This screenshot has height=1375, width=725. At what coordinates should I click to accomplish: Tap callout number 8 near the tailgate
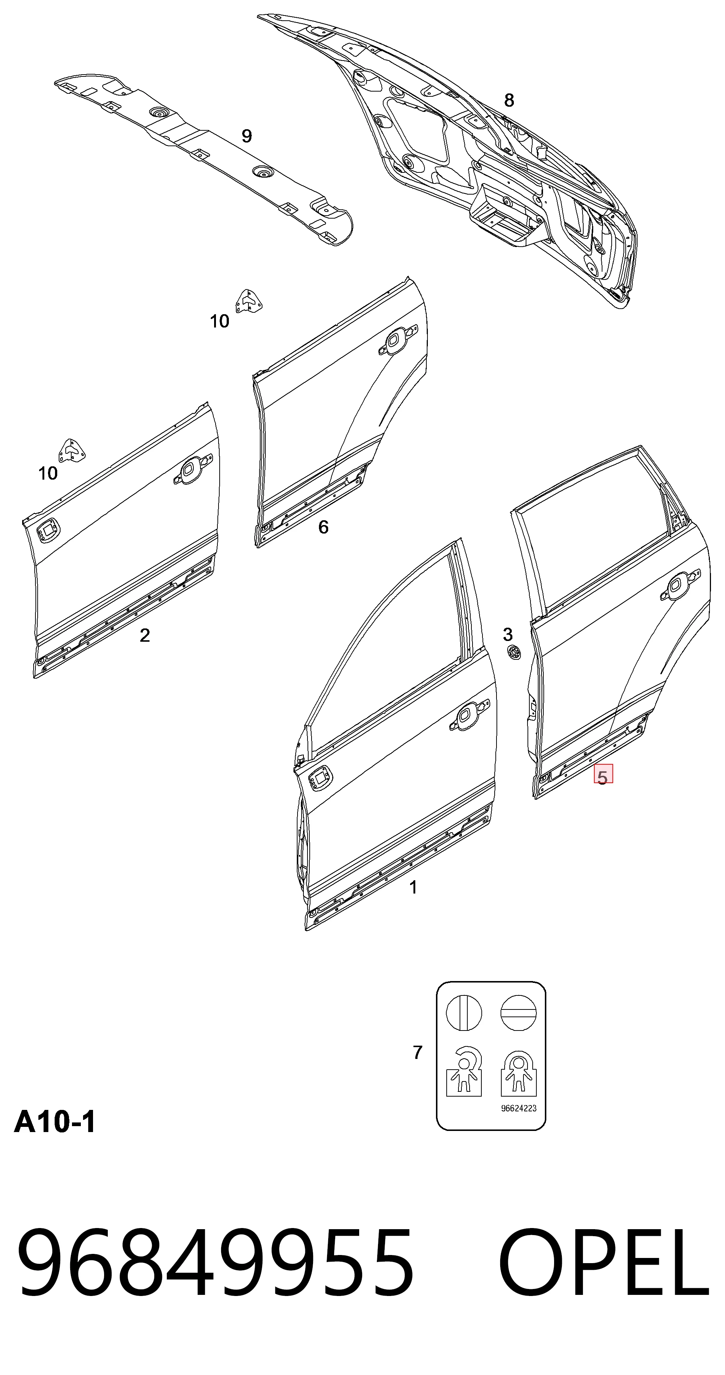point(509,100)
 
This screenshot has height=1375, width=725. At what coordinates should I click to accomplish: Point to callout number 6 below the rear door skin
point(323,527)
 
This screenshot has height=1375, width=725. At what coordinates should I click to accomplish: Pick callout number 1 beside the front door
point(413,887)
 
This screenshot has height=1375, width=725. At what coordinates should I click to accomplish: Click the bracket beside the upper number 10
point(248,302)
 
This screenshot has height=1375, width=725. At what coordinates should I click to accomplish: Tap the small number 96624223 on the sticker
point(519,1108)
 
